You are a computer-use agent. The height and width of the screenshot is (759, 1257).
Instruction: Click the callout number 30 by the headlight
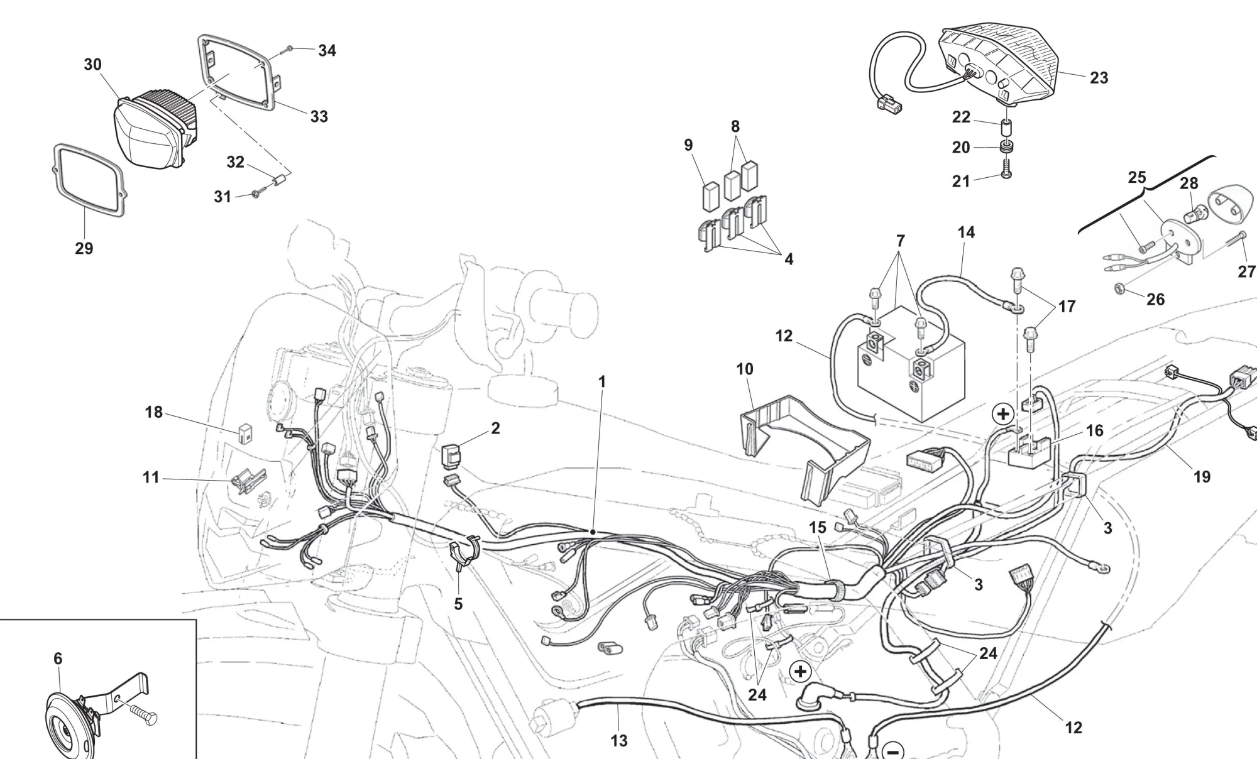[x=92, y=65]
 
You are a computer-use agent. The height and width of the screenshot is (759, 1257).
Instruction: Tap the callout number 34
[x=327, y=51]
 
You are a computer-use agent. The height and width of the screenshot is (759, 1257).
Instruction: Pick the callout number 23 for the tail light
[x=1099, y=78]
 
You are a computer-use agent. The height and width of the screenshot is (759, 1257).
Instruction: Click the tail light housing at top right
[x=999, y=63]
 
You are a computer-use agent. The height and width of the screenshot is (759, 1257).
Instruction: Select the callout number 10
[x=745, y=369]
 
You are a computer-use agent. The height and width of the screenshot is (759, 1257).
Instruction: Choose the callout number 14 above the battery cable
[x=966, y=232]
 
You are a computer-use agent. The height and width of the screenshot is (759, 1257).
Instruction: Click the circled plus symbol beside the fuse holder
[x=1003, y=414]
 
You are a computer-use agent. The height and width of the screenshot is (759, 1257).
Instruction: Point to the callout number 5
[x=458, y=604]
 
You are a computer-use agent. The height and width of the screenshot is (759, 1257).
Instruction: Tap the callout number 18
[x=154, y=412]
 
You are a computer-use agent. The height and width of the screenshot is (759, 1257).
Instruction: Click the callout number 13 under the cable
[x=619, y=741]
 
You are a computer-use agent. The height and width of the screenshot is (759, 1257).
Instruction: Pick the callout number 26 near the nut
[x=1155, y=299]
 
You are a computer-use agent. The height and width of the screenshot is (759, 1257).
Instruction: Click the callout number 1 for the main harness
[x=602, y=381]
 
